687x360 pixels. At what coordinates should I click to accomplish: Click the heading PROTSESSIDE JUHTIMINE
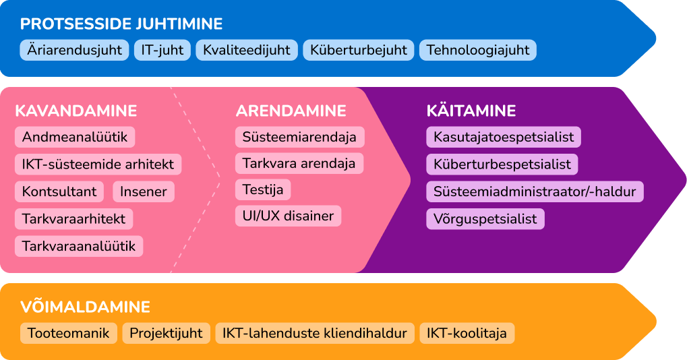click(121, 24)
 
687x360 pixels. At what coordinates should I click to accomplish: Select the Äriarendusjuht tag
click(74, 50)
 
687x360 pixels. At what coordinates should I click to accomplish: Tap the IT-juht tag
click(162, 50)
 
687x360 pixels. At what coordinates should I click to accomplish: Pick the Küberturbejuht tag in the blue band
click(359, 50)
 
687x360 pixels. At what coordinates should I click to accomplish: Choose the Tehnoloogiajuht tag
click(478, 50)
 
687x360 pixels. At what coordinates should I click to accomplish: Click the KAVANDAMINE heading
click(76, 111)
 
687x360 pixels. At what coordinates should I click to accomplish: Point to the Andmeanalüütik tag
click(75, 137)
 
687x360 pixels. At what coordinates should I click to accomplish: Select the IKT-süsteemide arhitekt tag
click(98, 164)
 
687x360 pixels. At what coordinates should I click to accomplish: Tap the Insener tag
click(144, 191)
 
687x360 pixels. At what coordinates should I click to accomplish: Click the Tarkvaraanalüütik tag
click(79, 246)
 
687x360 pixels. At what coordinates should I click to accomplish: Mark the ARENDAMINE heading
click(291, 111)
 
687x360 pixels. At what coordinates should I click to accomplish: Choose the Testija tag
click(263, 189)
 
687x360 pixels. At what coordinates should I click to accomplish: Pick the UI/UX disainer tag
click(289, 216)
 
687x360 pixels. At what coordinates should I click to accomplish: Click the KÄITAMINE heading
click(471, 111)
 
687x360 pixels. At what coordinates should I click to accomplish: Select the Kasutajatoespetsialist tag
click(504, 137)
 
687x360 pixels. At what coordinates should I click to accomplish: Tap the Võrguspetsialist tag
click(485, 219)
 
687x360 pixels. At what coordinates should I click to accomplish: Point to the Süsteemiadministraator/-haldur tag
click(535, 191)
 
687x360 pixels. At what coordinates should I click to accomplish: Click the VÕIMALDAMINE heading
click(86, 307)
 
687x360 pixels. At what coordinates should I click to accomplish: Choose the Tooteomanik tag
click(68, 333)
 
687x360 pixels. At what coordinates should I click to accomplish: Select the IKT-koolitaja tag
click(467, 333)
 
